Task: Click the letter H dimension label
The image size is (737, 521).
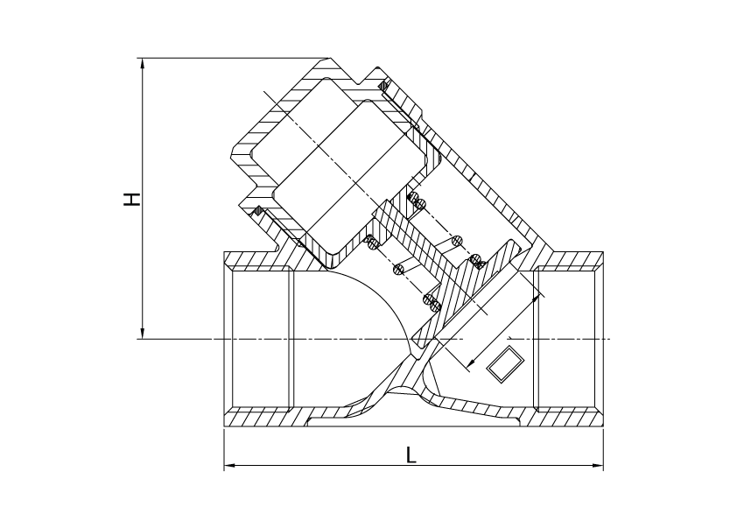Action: point(132,199)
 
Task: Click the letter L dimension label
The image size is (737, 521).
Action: point(411,454)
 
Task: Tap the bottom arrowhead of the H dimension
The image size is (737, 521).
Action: point(143,334)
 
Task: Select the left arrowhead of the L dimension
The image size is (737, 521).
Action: point(229,466)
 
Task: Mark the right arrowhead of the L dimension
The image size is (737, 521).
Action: point(598,466)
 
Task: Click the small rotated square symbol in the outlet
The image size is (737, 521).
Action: point(505,363)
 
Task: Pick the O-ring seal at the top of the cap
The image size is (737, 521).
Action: point(384,86)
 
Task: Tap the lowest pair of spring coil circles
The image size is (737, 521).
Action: point(432,302)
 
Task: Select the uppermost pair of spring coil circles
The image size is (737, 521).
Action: point(416,200)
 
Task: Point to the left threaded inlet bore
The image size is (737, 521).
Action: point(259,339)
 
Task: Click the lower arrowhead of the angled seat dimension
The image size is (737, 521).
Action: point(471,363)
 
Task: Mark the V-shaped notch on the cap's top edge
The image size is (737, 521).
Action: point(361,81)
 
